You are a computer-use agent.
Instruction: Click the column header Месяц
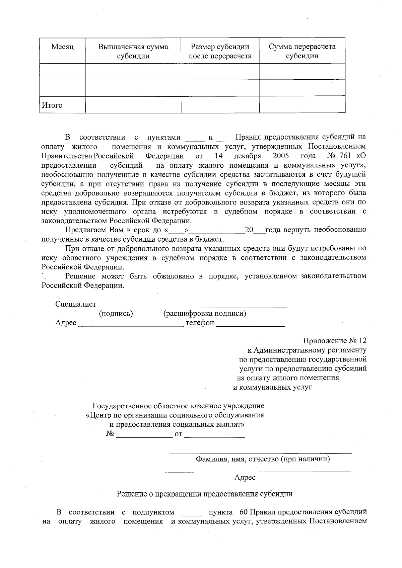coord(62,47)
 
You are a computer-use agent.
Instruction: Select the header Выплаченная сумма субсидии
coord(133,51)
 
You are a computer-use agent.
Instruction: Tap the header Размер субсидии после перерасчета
coord(220,51)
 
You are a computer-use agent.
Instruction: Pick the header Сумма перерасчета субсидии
coord(302,51)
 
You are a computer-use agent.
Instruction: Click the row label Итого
coord(52,105)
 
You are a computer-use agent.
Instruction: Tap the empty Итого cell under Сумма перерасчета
coord(302,104)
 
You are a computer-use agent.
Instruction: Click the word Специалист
coord(76,304)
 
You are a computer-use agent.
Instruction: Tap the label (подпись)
coord(116,314)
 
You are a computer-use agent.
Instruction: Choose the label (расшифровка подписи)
coord(205,314)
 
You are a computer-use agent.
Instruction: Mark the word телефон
coord(200,323)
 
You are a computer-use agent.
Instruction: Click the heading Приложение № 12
coord(335,341)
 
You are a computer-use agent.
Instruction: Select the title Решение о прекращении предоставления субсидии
coord(204,494)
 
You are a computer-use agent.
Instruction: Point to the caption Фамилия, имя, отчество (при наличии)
coord(263,459)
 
